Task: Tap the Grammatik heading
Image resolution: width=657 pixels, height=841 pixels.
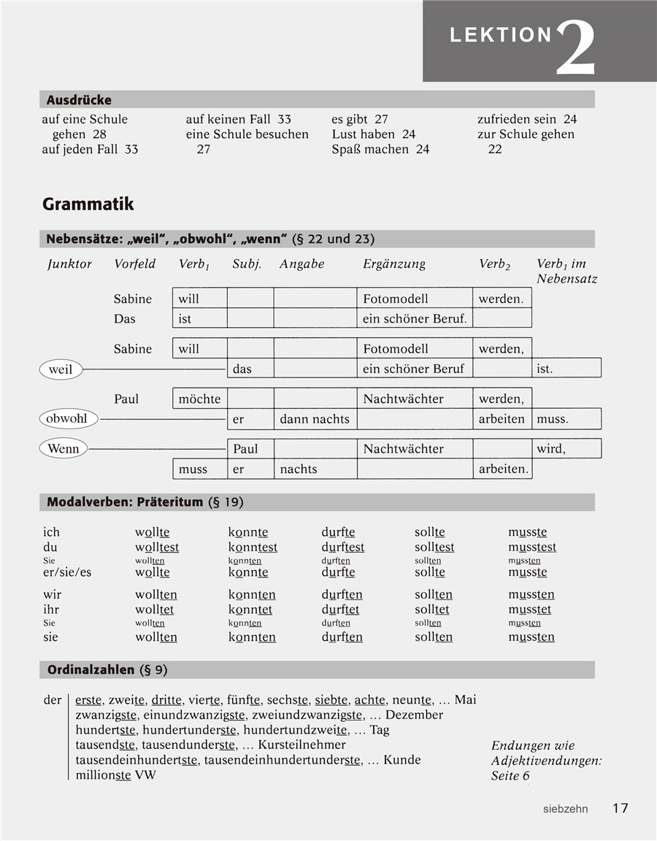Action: point(88,204)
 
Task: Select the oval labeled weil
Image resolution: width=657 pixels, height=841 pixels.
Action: point(61,369)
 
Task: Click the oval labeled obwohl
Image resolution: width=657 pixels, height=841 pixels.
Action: point(67,418)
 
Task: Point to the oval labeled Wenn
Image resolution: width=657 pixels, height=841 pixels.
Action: point(63,448)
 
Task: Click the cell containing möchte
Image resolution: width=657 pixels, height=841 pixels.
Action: point(199,399)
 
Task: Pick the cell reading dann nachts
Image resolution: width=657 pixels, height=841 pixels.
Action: point(315,419)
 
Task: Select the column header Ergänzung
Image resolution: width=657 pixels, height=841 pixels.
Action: point(394,264)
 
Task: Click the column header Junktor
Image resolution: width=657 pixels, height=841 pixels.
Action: point(69,264)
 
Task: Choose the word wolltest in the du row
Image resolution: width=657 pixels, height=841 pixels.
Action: point(157,548)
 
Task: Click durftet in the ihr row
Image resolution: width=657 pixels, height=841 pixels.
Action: point(340,610)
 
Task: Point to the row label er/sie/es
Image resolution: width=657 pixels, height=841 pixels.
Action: point(67,572)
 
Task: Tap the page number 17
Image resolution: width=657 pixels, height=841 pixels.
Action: point(620,808)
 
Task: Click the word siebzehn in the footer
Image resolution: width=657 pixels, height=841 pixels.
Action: point(566,809)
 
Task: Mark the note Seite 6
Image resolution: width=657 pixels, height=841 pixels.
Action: point(510,775)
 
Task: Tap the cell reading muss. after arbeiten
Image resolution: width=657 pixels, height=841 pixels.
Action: point(553,419)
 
